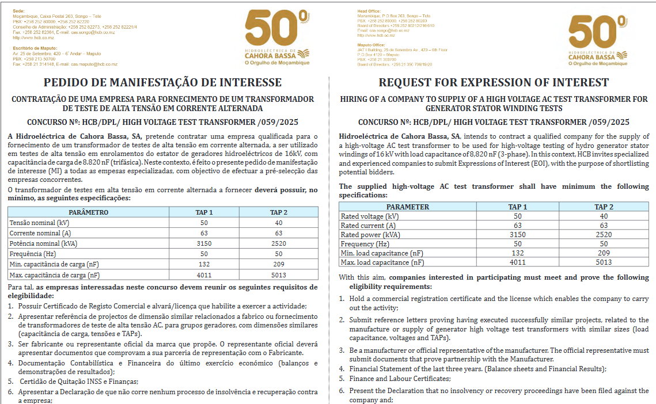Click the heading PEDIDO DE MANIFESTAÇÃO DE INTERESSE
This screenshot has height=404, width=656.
click(x=162, y=82)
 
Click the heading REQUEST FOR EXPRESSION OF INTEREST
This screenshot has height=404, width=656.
click(x=494, y=82)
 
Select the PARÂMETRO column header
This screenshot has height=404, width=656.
click(x=88, y=212)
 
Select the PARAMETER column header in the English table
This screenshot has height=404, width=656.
click(x=407, y=207)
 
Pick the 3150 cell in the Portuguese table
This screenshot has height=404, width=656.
click(x=204, y=243)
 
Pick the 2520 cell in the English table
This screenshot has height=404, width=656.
click(x=604, y=234)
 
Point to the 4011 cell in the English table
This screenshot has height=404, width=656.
click(x=518, y=262)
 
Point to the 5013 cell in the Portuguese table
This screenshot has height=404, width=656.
click(x=278, y=275)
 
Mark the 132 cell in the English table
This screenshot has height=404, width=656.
click(x=518, y=253)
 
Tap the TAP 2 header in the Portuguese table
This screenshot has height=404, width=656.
click(x=278, y=212)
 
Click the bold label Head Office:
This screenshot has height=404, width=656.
click(x=369, y=11)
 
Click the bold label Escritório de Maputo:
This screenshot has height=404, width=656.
click(x=35, y=48)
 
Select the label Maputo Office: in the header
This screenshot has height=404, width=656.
click(x=371, y=45)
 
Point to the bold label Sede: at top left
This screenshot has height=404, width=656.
click(x=18, y=11)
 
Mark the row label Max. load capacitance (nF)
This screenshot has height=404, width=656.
click(x=382, y=262)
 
